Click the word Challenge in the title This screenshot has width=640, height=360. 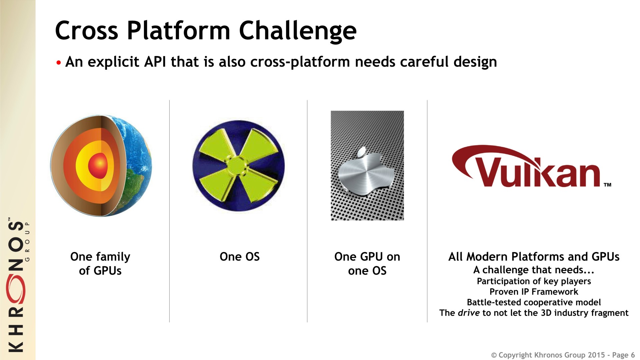tap(298, 31)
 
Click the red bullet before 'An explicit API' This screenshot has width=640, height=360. tap(59, 63)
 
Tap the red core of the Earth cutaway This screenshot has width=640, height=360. tap(98, 164)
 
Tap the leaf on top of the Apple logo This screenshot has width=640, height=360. tap(362, 152)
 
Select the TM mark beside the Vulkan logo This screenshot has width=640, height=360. tap(607, 185)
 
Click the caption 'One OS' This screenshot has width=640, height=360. tap(239, 257)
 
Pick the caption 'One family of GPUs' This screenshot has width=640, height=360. tap(100, 264)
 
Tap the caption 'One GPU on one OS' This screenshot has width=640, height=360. tap(367, 264)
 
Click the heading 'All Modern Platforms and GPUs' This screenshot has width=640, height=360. tap(534, 257)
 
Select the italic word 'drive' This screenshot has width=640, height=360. tap(469, 313)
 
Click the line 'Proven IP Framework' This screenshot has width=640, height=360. tap(534, 292)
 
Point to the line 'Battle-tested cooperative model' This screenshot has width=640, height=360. tap(534, 302)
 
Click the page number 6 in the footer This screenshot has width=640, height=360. tap(633, 355)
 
